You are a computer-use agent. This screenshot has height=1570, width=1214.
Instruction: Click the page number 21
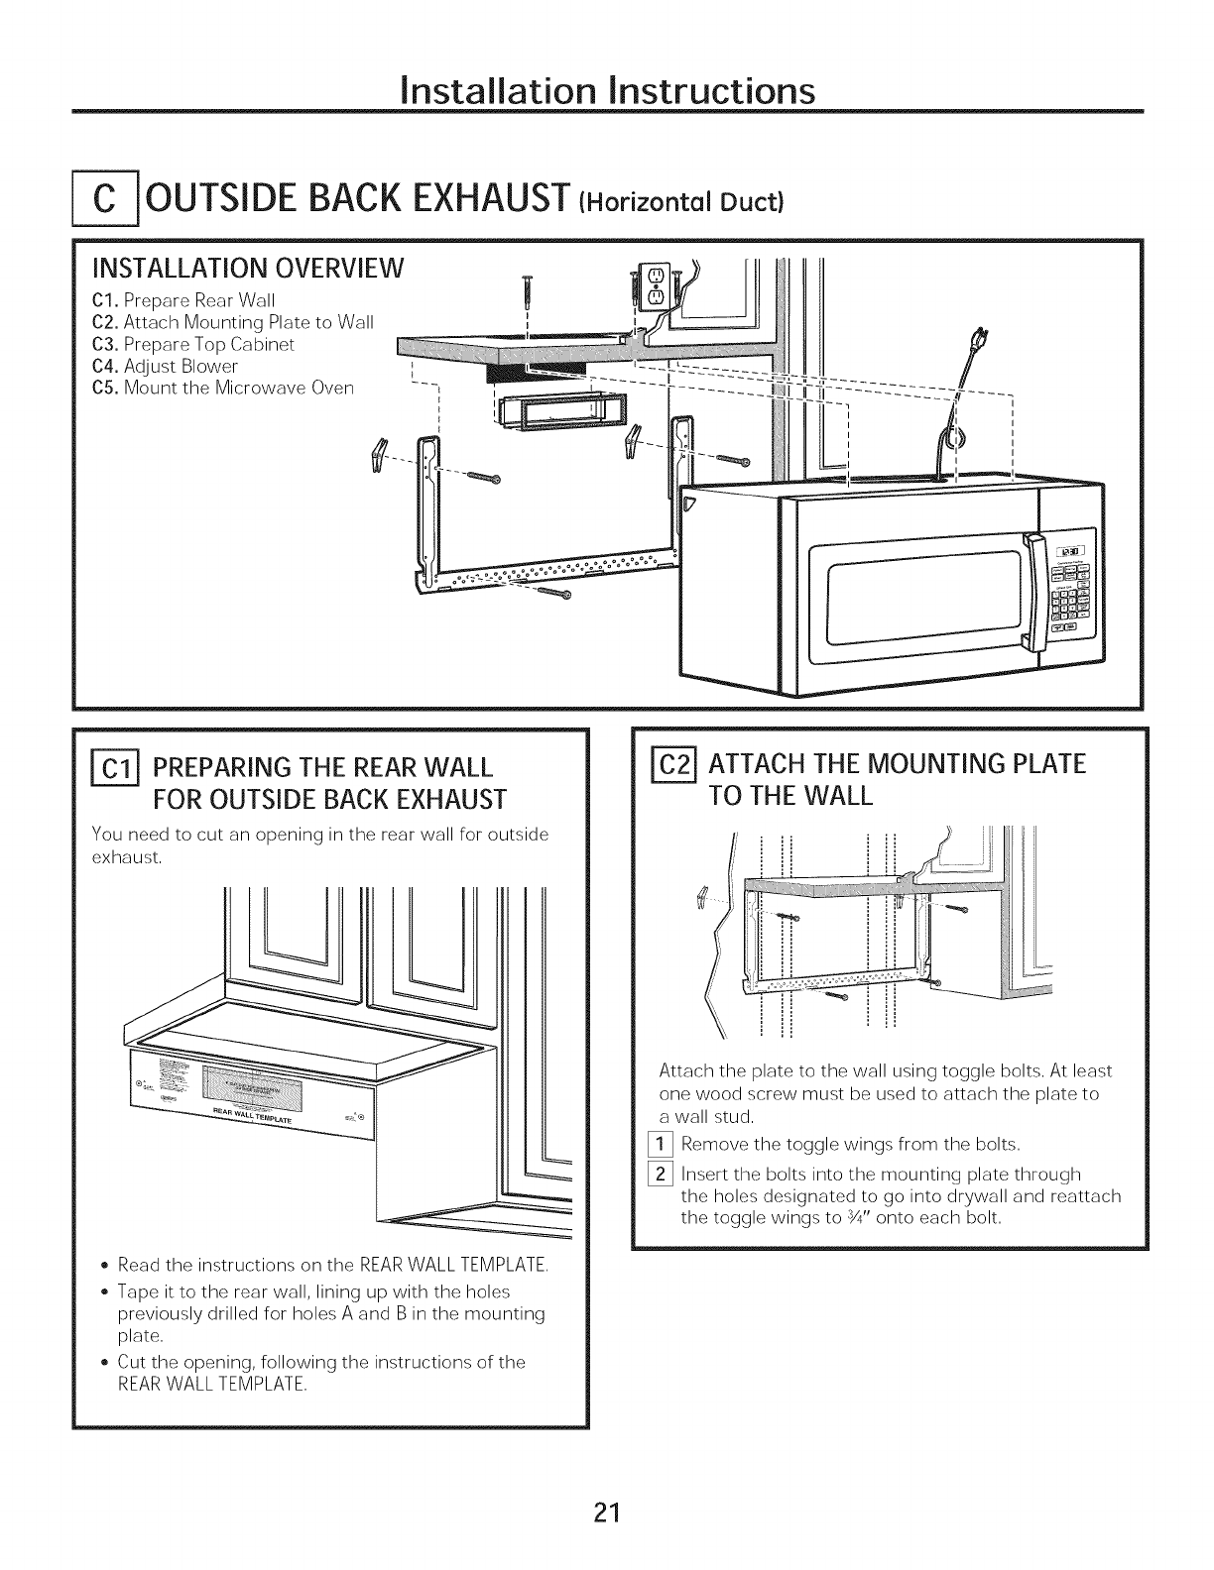point(607,1513)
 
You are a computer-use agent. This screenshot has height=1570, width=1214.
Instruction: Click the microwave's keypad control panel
point(1072,596)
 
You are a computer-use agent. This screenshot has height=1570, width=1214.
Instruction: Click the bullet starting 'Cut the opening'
point(321,1373)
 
